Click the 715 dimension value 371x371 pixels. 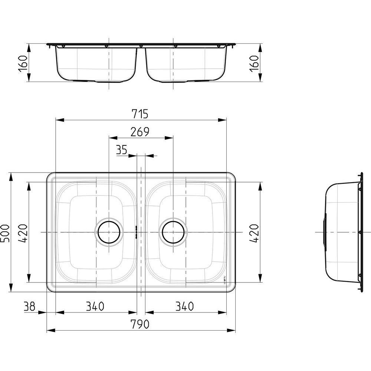[140, 114]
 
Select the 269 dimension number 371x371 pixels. [140, 132]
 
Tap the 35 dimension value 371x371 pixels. [122, 150]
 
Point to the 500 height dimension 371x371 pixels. [5, 233]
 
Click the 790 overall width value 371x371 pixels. [140, 324]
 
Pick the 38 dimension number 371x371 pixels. [29, 306]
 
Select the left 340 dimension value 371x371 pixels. [95, 306]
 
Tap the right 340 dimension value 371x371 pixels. [184, 306]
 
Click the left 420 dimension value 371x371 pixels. [23, 233]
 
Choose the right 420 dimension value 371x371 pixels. [255, 233]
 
